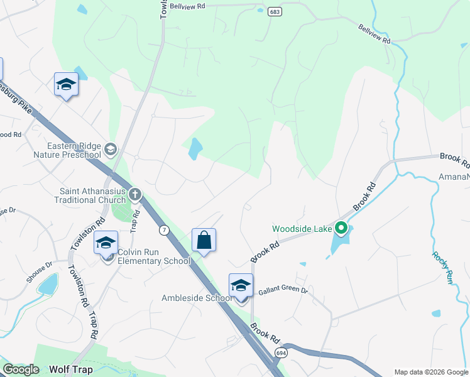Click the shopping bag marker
click(x=204, y=240)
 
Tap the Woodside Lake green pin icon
click(x=341, y=227)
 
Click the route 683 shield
click(x=273, y=12)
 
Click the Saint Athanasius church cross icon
click(x=134, y=194)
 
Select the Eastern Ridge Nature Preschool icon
click(x=111, y=148)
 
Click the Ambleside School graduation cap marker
click(x=241, y=285)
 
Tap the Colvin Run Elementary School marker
click(x=106, y=243)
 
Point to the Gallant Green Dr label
click(x=283, y=292)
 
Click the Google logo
click(x=21, y=369)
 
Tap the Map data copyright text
click(x=431, y=372)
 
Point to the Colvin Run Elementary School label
click(x=153, y=256)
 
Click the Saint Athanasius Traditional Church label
click(x=92, y=195)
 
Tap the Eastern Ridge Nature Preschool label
click(x=65, y=150)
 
